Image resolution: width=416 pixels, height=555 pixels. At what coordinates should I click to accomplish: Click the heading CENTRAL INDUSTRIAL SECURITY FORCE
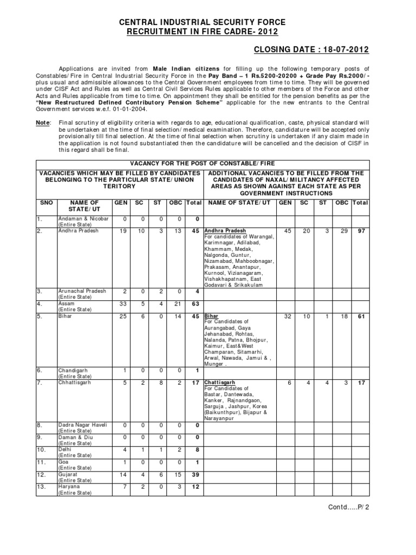click(x=202, y=22)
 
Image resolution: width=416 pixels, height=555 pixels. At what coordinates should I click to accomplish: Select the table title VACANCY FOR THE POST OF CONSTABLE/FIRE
click(x=202, y=162)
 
